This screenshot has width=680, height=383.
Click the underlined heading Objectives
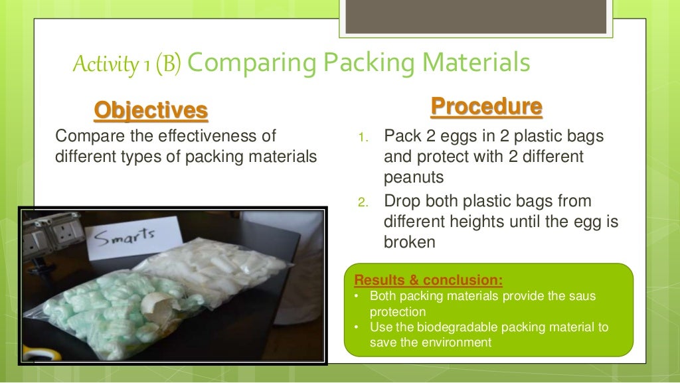(151, 110)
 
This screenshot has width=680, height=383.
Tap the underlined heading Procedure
(486, 106)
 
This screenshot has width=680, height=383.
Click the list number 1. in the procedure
(363, 138)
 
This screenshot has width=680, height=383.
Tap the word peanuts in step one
(412, 178)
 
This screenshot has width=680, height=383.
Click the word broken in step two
(409, 242)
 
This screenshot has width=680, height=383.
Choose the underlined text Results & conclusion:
(428, 279)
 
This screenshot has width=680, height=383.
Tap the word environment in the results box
(454, 343)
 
